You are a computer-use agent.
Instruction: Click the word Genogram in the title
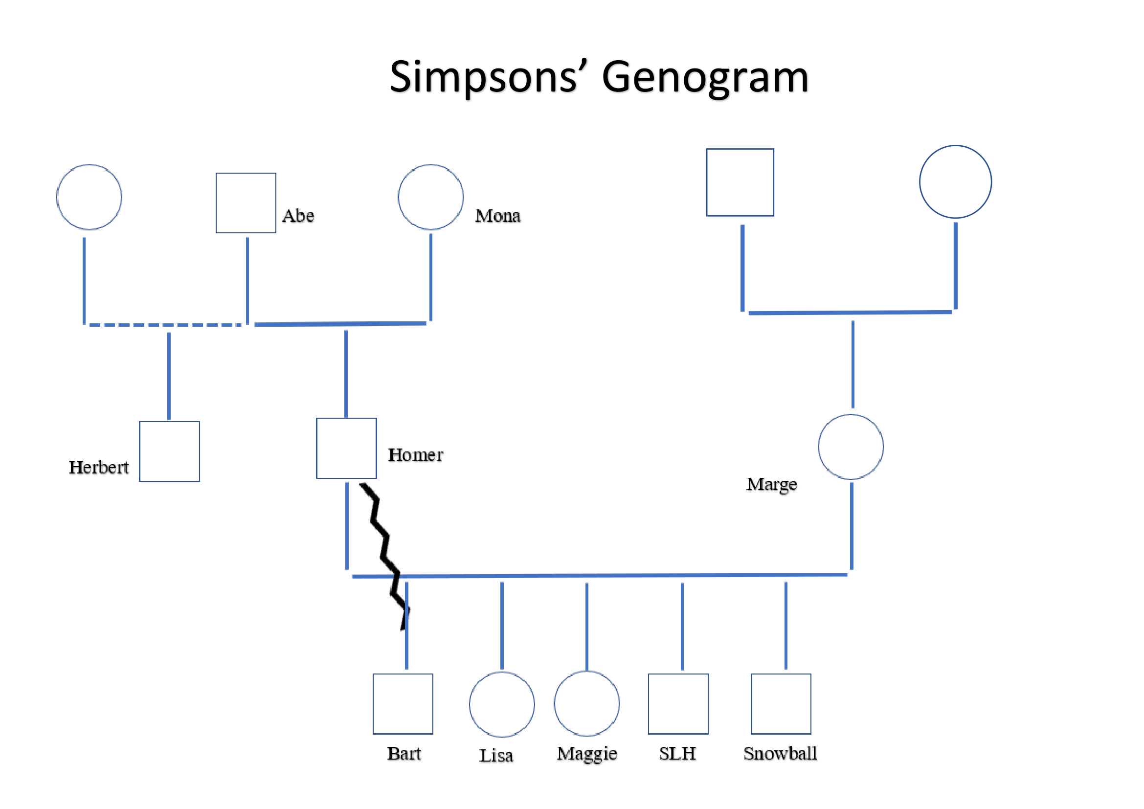(705, 77)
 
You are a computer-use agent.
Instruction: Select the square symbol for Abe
(246, 203)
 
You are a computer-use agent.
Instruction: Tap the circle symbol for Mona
(430, 197)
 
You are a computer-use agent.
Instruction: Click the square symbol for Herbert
(169, 451)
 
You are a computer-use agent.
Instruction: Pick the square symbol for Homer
(346, 448)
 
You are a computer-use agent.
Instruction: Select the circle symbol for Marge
(851, 447)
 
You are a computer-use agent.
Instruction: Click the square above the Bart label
(403, 703)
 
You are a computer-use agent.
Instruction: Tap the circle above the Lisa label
(502, 704)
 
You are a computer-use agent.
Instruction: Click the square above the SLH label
(678, 703)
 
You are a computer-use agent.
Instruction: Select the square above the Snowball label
(781, 703)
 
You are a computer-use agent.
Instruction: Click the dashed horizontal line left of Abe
(164, 324)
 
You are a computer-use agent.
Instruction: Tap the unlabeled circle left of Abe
(89, 197)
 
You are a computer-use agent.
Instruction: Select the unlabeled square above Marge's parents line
(740, 182)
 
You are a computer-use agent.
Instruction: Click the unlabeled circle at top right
(955, 182)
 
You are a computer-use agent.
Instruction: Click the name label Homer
(415, 454)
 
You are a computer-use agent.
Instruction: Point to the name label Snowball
(780, 753)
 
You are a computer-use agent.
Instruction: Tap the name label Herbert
(99, 467)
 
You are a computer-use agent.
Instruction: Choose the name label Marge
(771, 484)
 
